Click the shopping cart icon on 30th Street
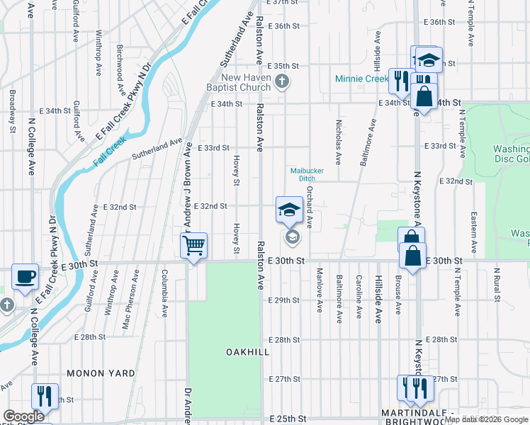193,246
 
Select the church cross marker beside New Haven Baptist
282,81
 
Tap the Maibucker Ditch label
303,174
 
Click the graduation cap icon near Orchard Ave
289,210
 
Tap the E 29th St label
287,300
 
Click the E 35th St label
286,65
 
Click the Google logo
23,416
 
